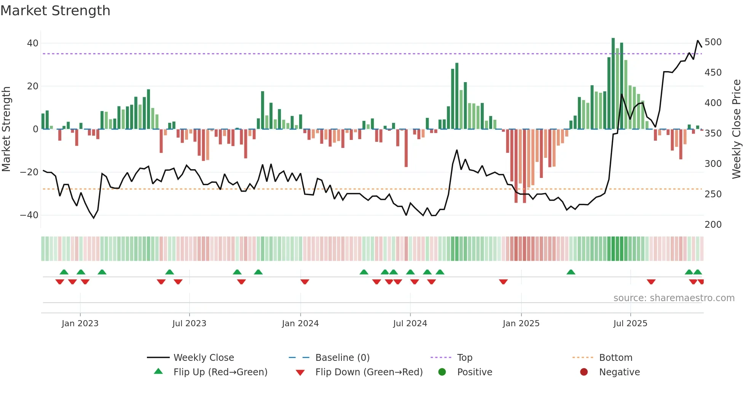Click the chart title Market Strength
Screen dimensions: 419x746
click(x=55, y=11)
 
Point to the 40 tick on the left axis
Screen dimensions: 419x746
click(x=33, y=43)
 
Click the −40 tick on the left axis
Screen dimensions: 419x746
click(x=29, y=215)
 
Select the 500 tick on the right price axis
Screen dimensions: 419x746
click(x=713, y=42)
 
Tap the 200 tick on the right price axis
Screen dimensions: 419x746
click(x=713, y=225)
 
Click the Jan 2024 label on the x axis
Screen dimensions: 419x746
click(x=300, y=324)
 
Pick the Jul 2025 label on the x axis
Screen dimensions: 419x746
click(x=630, y=324)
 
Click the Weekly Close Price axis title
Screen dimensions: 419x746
click(x=736, y=129)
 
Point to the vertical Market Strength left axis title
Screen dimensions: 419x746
click(x=6, y=129)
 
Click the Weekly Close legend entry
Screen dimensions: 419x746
click(x=204, y=358)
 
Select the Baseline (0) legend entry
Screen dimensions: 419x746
click(x=342, y=358)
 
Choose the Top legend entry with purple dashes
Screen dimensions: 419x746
click(x=464, y=358)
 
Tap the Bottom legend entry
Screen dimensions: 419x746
click(x=615, y=358)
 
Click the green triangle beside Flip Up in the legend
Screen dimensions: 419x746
click(x=158, y=371)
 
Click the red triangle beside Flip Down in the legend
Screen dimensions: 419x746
click(x=300, y=373)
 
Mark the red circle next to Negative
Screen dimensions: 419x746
click(x=584, y=372)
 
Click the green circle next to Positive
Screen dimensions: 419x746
click(x=442, y=372)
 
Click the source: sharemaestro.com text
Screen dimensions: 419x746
click(x=674, y=298)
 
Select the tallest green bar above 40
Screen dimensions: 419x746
click(x=613, y=84)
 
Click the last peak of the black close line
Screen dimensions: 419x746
click(x=698, y=41)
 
